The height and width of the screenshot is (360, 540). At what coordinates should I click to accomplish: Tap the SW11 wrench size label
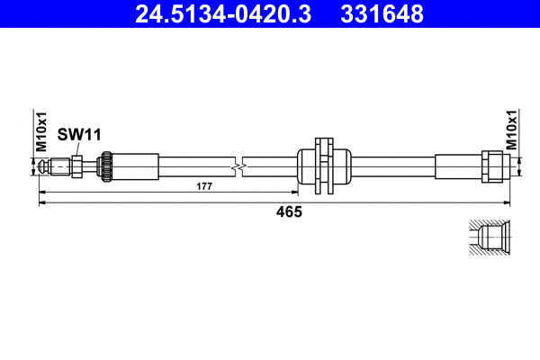point(79,134)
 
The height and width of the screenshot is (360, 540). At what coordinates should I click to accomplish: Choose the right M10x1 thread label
point(511,130)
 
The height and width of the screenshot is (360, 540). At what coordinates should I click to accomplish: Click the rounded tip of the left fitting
point(44,166)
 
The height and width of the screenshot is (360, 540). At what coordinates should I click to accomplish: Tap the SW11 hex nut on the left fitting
point(76,166)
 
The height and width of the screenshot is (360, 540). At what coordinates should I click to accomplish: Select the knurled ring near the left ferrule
point(105,166)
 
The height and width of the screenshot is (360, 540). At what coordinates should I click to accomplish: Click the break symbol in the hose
point(237,166)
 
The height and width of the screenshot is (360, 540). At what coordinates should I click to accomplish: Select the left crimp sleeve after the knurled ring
point(134,166)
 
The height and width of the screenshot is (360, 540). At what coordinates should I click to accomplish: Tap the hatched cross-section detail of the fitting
point(490,239)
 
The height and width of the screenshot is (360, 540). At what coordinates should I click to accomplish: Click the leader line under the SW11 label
point(77,148)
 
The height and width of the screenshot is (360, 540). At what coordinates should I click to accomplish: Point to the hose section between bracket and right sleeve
point(391,166)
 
